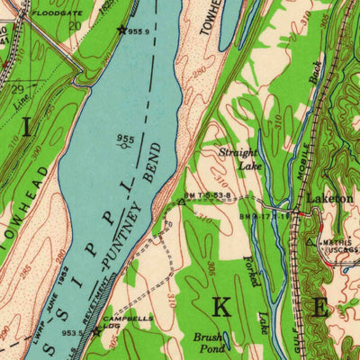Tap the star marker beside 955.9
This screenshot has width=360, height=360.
(122, 30)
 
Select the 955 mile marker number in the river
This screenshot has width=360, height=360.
(125, 139)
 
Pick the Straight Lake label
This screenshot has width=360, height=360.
(239, 159)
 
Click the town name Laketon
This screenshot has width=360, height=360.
(327, 197)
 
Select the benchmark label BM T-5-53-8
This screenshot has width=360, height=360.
(211, 195)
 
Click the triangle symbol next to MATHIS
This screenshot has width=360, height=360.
(311, 242)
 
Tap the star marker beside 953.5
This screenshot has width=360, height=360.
(96, 331)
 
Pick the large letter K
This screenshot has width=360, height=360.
(220, 307)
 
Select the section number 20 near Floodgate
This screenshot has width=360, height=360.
(74, 26)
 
